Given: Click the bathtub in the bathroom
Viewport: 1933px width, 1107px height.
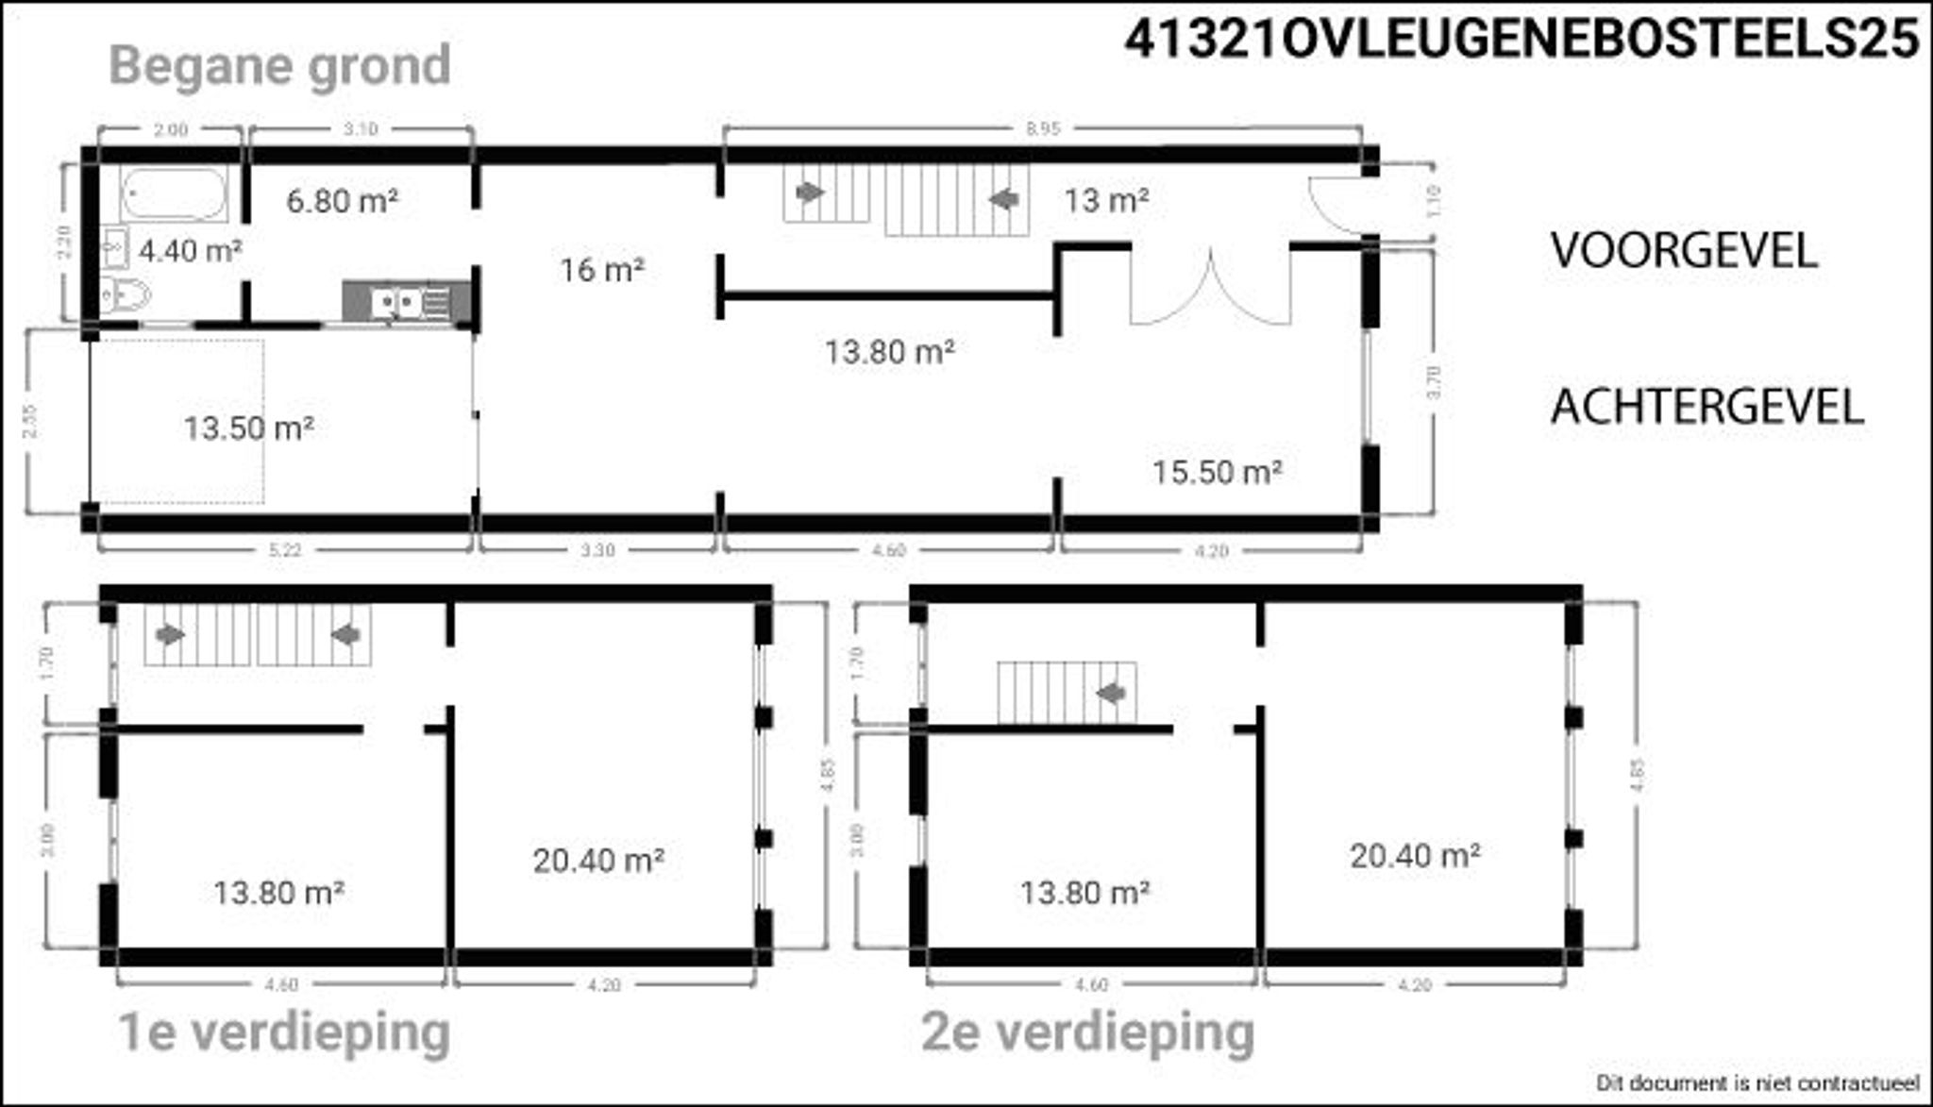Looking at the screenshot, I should [x=174, y=194].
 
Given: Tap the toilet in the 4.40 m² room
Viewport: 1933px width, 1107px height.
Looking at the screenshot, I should [x=127, y=295].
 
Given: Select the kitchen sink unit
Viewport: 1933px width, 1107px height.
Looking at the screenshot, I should [x=406, y=302].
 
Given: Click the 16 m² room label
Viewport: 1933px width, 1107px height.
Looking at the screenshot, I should [x=602, y=271].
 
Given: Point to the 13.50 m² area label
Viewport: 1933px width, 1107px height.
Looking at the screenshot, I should [x=248, y=428].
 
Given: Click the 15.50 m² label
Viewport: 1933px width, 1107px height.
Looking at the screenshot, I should [x=1217, y=471].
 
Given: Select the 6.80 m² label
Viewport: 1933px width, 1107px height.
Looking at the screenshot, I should [x=342, y=201].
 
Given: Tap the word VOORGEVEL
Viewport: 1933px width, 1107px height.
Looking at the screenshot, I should [x=1684, y=251].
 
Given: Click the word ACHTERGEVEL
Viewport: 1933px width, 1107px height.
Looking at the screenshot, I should [x=1706, y=408].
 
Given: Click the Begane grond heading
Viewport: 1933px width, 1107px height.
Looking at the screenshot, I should [x=280, y=66].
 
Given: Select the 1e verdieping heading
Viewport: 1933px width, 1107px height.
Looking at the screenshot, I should [x=284, y=1032].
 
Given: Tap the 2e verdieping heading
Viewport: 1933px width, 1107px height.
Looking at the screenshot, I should [x=1087, y=1032].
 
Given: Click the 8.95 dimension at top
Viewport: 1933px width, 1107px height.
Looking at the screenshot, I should [x=1042, y=129].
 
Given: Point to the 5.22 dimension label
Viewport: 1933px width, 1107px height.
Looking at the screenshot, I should [x=284, y=550].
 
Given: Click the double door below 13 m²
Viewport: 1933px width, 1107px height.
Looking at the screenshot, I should [x=1210, y=288].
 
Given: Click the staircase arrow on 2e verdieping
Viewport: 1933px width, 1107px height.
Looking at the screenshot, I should [x=1112, y=694].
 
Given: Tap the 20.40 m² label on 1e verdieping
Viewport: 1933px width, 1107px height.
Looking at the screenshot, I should [x=598, y=861].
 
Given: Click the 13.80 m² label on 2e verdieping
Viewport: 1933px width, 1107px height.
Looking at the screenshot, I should [x=1084, y=892].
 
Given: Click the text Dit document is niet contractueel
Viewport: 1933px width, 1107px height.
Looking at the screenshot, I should [x=1757, y=1082].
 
